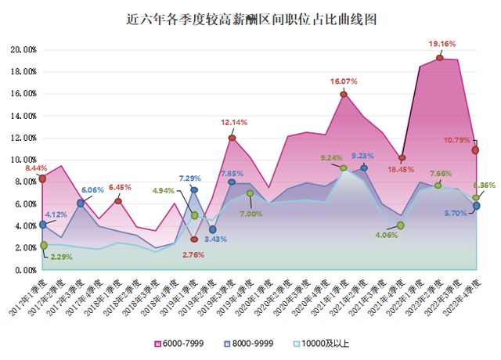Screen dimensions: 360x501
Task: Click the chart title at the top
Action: [x=250, y=19]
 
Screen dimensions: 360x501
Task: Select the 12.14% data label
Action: [x=236, y=123]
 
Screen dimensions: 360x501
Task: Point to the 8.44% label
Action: [x=35, y=167]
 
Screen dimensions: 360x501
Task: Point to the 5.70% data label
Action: [x=457, y=213]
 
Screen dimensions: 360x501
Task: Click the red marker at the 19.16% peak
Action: [x=440, y=58]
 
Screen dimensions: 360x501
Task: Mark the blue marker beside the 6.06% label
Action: [x=81, y=203]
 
